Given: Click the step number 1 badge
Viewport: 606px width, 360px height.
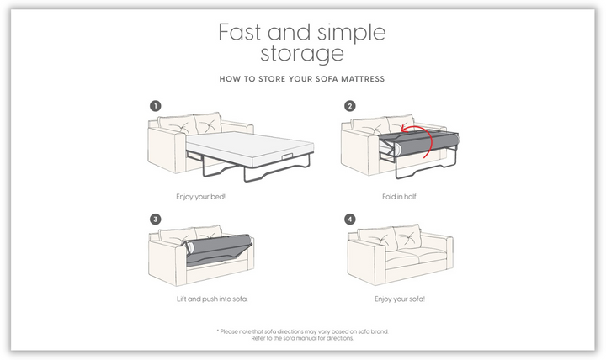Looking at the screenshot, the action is (156, 106).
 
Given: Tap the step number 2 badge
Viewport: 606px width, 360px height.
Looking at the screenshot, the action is (350, 106).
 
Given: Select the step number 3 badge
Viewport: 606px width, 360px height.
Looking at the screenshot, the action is (156, 220).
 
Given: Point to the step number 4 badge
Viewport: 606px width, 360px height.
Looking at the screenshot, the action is (350, 220).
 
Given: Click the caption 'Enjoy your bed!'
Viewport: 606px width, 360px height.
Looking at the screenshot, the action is (200, 197).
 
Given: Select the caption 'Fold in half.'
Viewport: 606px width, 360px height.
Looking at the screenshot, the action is (400, 197).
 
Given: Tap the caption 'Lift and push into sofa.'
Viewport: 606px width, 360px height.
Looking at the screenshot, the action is (212, 299).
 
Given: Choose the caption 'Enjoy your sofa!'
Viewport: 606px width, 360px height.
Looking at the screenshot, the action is (400, 299).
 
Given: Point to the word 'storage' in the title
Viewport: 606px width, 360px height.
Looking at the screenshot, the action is (302, 54).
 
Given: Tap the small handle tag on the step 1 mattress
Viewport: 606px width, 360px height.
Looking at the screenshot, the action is (287, 156).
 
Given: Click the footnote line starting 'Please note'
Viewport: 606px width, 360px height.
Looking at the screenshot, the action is (303, 331).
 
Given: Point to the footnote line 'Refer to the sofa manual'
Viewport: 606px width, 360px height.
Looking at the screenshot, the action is (302, 338).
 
